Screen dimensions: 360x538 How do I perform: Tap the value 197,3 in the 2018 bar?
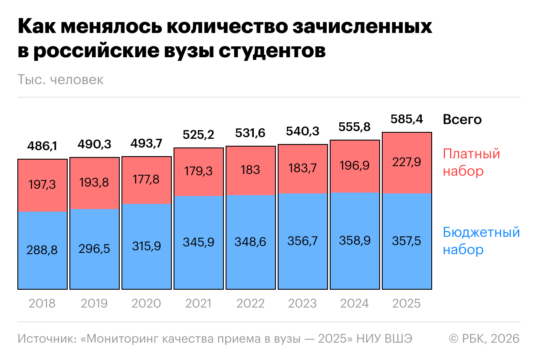(43, 185)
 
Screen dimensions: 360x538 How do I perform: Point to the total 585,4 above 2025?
(407, 119)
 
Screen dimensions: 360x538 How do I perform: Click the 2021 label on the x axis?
(199, 303)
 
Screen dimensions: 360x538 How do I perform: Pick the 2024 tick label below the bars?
(355, 303)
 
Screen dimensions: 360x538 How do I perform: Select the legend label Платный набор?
(471, 162)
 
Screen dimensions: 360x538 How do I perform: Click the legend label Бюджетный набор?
(481, 241)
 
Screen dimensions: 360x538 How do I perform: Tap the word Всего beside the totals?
(462, 119)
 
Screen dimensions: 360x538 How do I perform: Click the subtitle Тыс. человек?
(61, 80)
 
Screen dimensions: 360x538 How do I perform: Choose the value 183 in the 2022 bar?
(251, 170)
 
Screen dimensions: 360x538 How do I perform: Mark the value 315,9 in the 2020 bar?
(147, 246)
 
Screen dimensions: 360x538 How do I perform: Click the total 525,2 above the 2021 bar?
(199, 135)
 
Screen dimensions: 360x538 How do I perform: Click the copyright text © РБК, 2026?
(484, 338)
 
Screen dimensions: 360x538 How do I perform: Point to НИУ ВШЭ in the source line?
(384, 338)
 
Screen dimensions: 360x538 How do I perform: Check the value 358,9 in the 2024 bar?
(355, 241)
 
